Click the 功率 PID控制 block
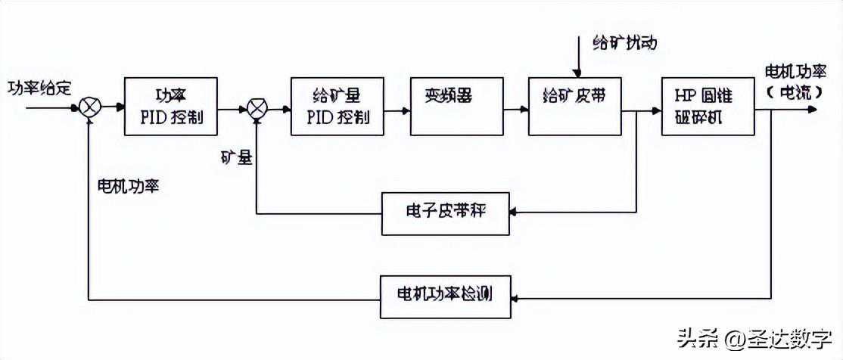[170, 107]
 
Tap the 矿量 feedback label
[236, 158]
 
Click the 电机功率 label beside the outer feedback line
[127, 186]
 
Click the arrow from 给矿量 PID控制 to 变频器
[398, 109]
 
